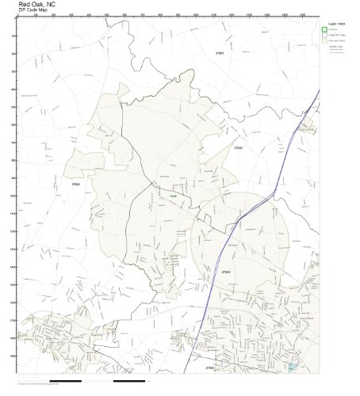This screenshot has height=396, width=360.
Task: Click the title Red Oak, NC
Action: (x=35, y=4)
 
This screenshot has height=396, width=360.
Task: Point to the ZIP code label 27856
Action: (x=75, y=184)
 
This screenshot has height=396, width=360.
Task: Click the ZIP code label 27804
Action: (x=226, y=272)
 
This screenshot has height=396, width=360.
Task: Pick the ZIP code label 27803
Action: (x=209, y=368)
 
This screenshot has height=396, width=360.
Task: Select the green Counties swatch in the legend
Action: (x=324, y=29)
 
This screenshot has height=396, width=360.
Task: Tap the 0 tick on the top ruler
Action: (x=17, y=15)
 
